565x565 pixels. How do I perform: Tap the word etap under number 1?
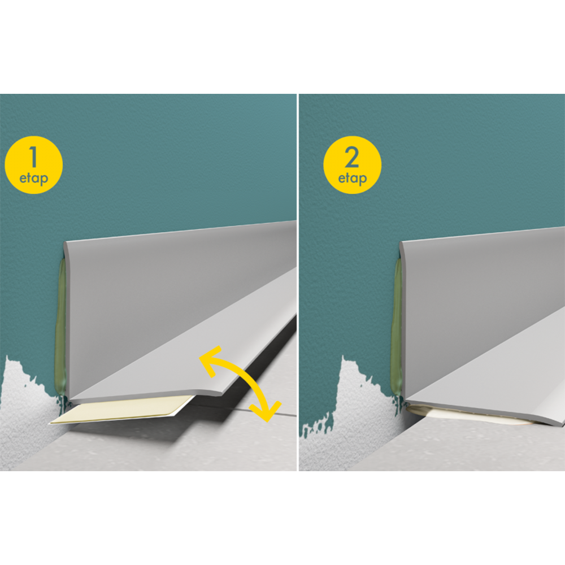pyautogui.click(x=33, y=179)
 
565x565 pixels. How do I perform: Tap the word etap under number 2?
pyautogui.click(x=353, y=179)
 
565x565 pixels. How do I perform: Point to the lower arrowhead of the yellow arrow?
pyautogui.click(x=267, y=411)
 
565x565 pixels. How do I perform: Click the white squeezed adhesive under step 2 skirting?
pyautogui.click(x=465, y=416)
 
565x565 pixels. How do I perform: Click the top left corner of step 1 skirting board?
pyautogui.click(x=65, y=242)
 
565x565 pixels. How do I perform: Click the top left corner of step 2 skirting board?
pyautogui.click(x=401, y=243)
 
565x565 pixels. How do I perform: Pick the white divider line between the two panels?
pyautogui.click(x=298, y=282)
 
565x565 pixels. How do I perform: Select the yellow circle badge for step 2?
pyautogui.click(x=352, y=164)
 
